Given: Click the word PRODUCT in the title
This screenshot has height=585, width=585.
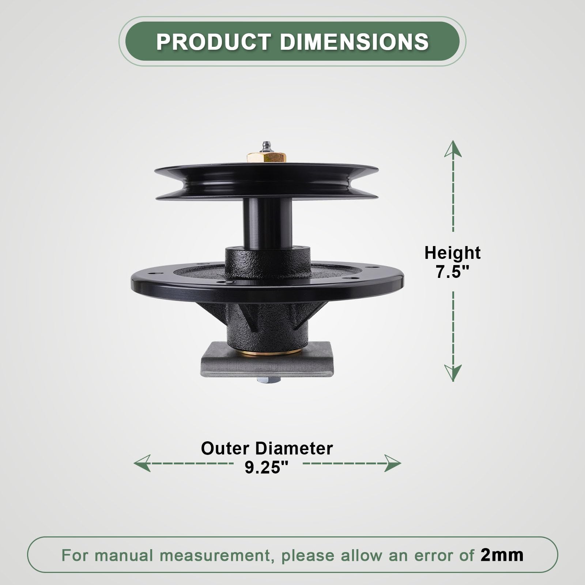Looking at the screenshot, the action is [x=214, y=42].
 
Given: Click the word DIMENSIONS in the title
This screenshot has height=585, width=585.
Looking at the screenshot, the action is [x=354, y=42].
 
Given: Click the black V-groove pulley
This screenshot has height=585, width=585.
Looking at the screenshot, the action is [x=266, y=182].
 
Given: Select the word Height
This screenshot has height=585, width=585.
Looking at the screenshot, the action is [x=452, y=253].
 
